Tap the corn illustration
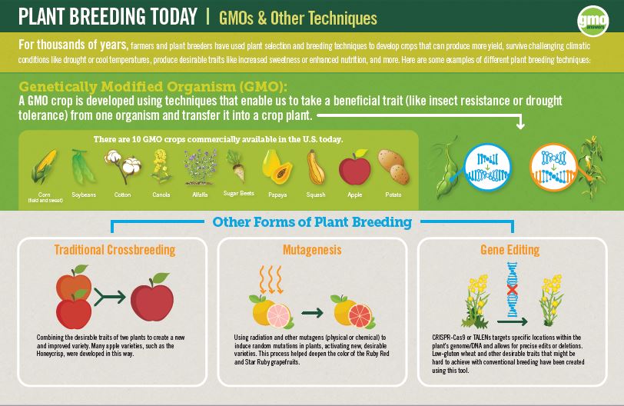coord(43,166)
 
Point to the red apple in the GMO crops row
coord(354,168)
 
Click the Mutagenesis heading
coord(311,250)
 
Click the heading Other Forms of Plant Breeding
coord(312,223)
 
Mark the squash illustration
coord(314,166)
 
